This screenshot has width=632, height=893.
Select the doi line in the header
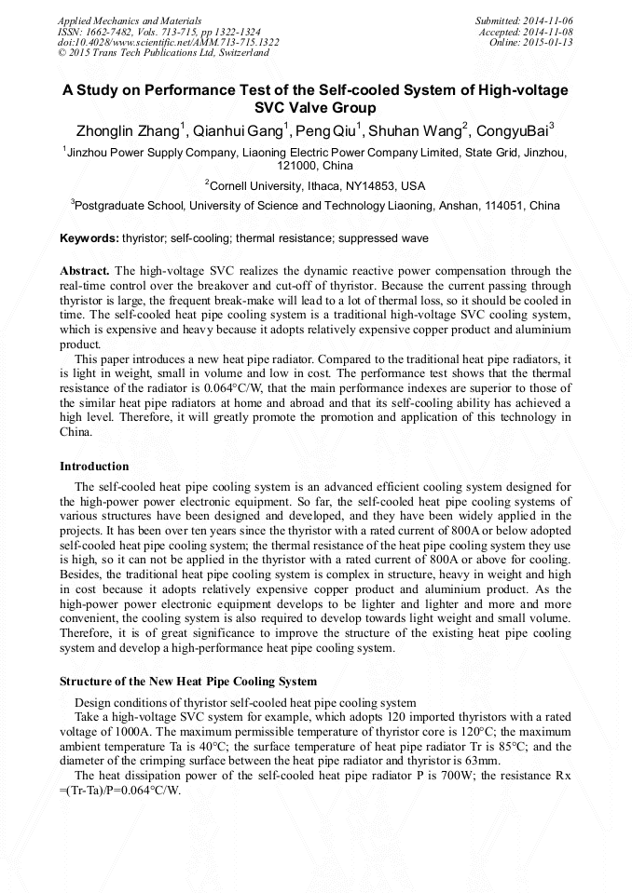168,42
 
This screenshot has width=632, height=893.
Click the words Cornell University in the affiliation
260,186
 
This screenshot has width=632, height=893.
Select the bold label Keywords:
89,238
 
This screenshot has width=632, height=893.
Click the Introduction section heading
94,466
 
